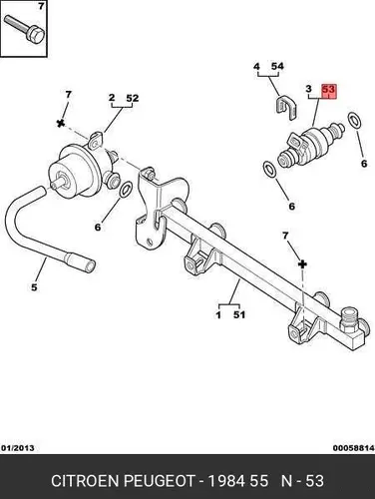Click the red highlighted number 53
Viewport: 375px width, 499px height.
pos(328,90)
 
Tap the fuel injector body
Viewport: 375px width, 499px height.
pos(310,145)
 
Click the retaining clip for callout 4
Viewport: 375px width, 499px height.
pos(286,108)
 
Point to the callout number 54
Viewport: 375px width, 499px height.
pos(277,66)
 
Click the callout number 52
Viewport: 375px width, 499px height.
pos(132,99)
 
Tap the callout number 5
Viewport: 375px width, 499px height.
pos(34,287)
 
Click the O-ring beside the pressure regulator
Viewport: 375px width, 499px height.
pos(126,190)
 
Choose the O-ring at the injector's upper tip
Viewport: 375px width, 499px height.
pos(354,120)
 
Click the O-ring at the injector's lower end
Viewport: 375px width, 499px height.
pos(269,170)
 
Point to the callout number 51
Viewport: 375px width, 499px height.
pos(238,314)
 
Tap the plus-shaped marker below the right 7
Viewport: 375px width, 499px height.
pos(302,264)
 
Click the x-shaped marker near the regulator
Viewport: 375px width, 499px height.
pos(61,124)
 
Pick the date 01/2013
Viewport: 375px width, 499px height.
pos(18,448)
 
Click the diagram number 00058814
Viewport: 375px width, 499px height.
pos(354,448)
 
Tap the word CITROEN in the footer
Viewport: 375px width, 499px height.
pos(85,481)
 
